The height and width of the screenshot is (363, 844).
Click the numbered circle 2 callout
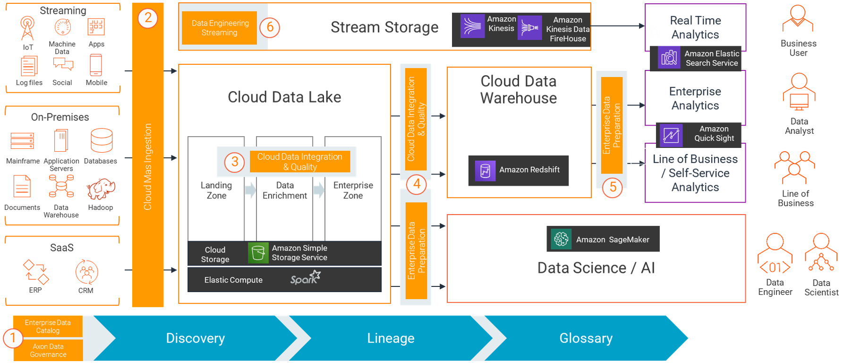point(148,18)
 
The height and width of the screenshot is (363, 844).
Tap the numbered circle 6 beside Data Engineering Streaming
point(270,27)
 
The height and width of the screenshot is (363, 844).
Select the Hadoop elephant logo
point(101,190)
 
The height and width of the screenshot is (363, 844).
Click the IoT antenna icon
point(27,28)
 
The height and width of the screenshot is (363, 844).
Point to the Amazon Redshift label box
point(518,170)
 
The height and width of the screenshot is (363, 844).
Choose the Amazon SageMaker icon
point(561,239)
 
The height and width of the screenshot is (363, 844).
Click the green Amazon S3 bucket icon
point(258,253)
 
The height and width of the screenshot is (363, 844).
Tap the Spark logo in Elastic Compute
point(305,277)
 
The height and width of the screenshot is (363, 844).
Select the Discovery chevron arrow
point(195,338)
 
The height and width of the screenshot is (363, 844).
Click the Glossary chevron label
point(586,338)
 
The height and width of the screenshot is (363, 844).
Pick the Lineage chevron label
point(391,338)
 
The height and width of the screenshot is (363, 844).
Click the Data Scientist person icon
point(821,252)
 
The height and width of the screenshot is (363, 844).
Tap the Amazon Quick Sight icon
point(671,135)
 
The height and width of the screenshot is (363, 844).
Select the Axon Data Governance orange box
point(48,350)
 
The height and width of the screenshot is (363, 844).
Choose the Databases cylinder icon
point(102,141)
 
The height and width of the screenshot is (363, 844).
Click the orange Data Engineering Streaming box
point(220,28)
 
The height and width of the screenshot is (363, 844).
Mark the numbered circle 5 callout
point(613,187)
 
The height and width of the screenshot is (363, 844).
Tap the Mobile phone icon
point(96,65)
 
